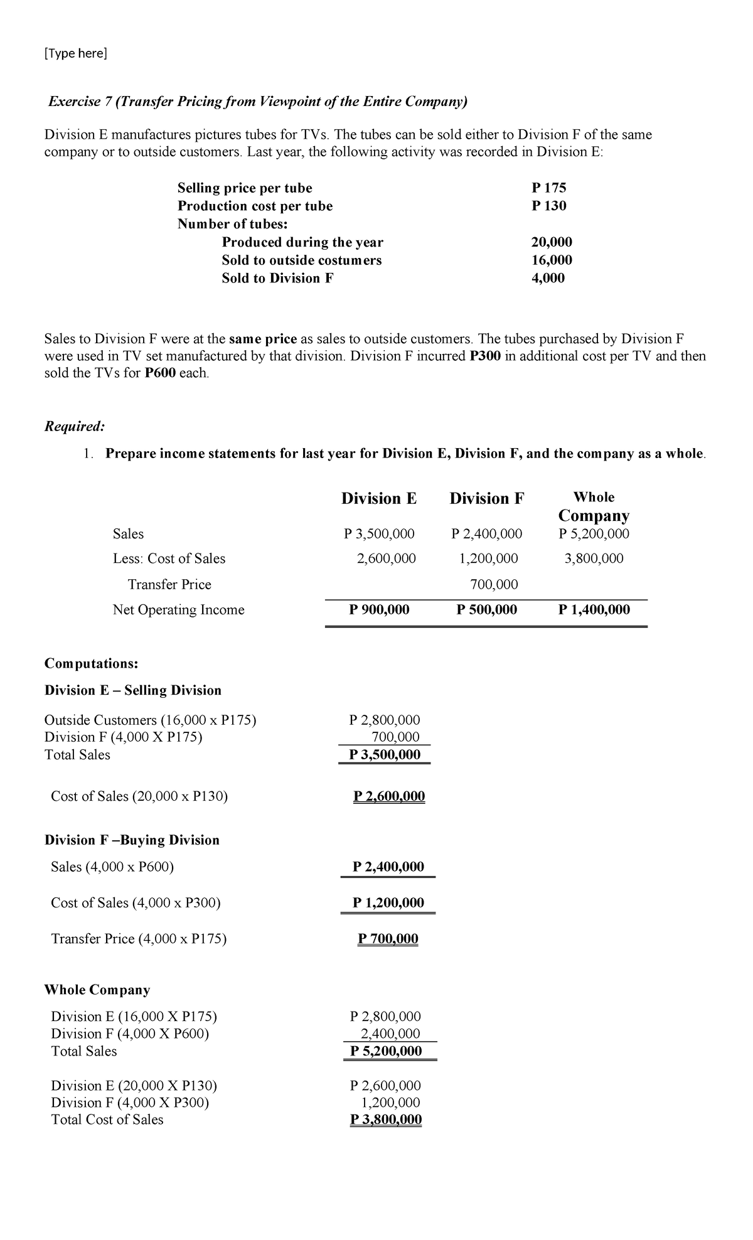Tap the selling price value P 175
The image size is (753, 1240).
(548, 188)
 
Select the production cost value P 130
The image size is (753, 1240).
(548, 206)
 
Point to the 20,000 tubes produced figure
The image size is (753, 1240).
(551, 242)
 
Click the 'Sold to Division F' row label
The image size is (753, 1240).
(277, 278)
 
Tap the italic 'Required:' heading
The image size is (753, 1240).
(75, 426)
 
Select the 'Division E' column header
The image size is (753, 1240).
(378, 498)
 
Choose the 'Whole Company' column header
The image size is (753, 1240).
(593, 506)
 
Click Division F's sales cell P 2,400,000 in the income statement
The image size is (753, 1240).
(486, 534)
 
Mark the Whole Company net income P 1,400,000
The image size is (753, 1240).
(594, 609)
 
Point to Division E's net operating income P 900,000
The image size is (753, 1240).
(379, 609)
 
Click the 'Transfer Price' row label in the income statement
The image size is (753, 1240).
(169, 584)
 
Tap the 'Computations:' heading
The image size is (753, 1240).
(92, 663)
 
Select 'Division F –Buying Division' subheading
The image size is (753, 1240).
(132, 840)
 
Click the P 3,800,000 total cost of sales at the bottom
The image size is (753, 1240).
(386, 1120)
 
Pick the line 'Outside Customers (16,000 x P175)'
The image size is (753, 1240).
(151, 720)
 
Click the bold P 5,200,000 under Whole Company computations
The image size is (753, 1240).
(386, 1050)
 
